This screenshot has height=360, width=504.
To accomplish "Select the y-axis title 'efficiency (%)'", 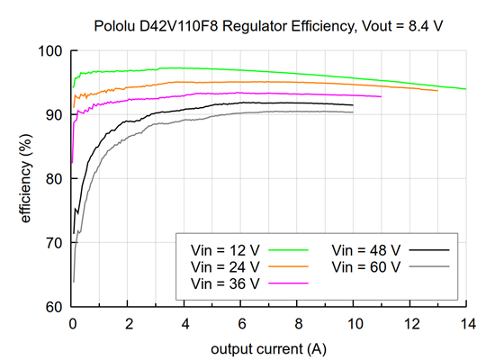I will [27, 178].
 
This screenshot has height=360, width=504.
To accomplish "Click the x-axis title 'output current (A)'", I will [268, 347].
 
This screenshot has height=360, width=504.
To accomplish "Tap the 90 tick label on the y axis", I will [55, 115].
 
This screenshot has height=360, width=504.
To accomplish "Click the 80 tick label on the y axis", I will [55, 179].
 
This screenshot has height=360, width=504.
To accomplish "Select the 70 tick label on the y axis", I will [55, 243].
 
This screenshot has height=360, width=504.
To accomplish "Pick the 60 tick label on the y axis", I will [55, 307].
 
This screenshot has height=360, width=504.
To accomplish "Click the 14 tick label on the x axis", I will [466, 324].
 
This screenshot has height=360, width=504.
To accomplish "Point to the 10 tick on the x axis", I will [354, 324].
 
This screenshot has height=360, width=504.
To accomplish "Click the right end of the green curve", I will [466, 89].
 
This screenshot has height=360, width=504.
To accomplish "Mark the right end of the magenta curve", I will [382, 96].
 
